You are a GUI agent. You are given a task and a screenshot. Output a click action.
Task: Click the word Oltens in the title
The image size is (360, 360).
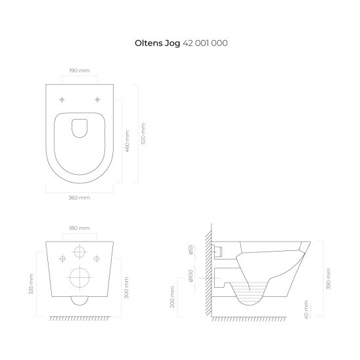coord(148,43)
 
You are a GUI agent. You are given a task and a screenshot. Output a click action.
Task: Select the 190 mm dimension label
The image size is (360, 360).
coord(79,70)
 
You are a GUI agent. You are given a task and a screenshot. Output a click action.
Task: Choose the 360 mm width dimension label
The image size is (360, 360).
coord(79,197)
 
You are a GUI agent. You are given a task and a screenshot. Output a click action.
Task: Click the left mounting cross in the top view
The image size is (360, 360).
coord(62,100)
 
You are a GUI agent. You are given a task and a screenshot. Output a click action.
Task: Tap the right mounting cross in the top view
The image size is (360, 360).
coord(97,100)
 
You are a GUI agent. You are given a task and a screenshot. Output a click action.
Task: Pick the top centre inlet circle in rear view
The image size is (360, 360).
coord(79,254)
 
